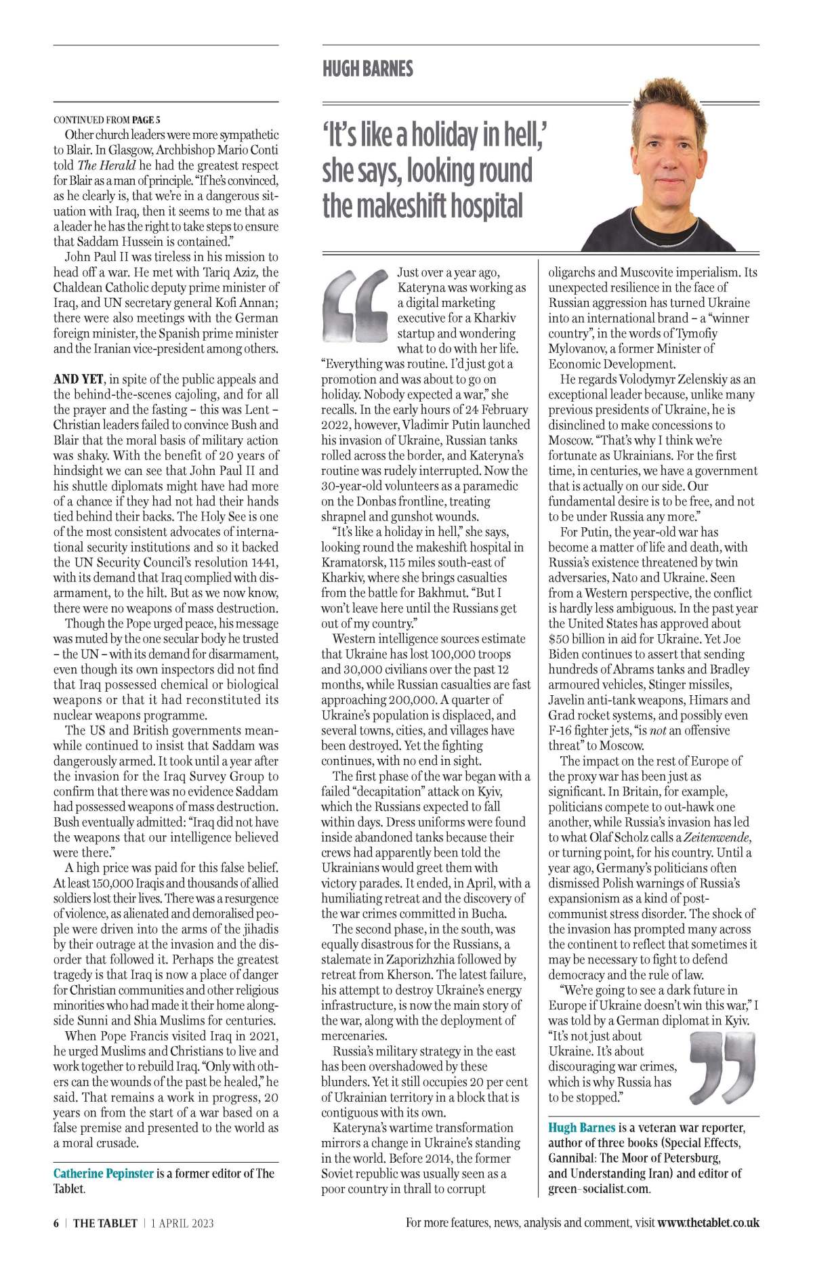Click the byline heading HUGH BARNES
click(x=367, y=68)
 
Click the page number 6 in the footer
click(x=56, y=1222)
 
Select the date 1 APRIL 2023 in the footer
click(x=182, y=1222)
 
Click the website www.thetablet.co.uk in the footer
click(x=708, y=1222)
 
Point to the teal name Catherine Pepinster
click(x=104, y=1173)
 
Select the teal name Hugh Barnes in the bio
click(x=582, y=1127)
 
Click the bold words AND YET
click(x=79, y=379)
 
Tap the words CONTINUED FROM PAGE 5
click(x=107, y=120)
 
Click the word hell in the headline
click(x=520, y=135)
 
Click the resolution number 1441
click(x=265, y=562)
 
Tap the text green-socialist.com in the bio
click(x=599, y=1188)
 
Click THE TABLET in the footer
click(x=105, y=1222)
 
